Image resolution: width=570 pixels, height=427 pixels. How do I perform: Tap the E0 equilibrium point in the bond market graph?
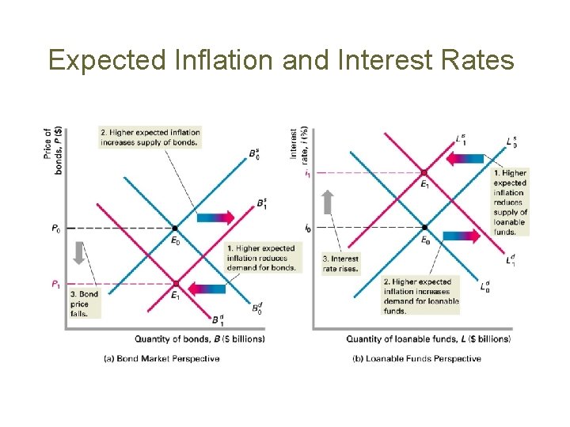(176, 229)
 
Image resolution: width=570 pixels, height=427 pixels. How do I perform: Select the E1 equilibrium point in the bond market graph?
(176, 283)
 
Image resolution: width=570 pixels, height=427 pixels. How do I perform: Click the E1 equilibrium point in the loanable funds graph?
(424, 172)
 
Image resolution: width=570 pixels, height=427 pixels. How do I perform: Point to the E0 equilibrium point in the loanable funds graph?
(424, 228)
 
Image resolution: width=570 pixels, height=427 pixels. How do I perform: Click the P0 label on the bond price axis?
(55, 229)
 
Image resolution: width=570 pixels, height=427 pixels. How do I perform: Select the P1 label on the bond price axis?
(55, 284)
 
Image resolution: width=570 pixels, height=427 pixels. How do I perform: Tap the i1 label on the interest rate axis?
(307, 173)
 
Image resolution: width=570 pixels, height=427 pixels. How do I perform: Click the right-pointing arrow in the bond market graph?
(215, 217)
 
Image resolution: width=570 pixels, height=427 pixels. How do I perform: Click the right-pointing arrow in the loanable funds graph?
(461, 236)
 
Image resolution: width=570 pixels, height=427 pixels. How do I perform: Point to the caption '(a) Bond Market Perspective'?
(161, 359)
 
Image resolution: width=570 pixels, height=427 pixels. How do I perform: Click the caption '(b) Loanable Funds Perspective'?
(416, 359)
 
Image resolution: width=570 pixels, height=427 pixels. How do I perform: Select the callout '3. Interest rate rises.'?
(340, 263)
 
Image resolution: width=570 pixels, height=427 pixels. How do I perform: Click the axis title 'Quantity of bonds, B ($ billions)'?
(199, 339)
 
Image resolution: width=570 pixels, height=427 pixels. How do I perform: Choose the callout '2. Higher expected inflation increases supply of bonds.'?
(150, 137)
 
